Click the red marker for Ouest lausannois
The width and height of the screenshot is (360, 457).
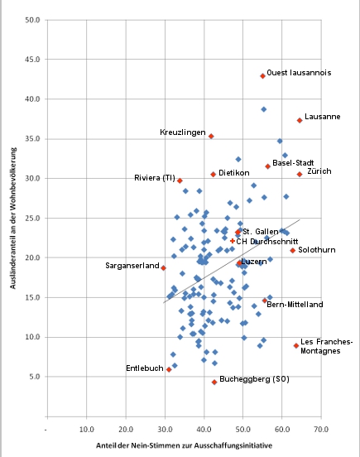262,75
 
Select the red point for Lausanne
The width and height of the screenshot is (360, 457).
300,120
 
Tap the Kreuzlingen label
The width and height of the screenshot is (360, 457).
182,132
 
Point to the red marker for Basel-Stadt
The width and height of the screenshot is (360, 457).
268,166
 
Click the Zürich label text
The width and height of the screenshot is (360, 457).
319,171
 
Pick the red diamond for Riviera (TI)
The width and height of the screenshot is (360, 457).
180,180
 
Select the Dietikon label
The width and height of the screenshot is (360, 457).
234,174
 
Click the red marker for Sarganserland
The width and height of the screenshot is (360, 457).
164,268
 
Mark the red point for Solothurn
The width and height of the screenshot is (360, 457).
293,250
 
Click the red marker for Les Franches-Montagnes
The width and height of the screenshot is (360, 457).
296,345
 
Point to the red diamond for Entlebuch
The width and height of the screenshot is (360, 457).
169,369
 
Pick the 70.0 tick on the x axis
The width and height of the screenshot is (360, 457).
320,428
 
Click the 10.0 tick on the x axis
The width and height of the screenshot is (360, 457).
87,428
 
